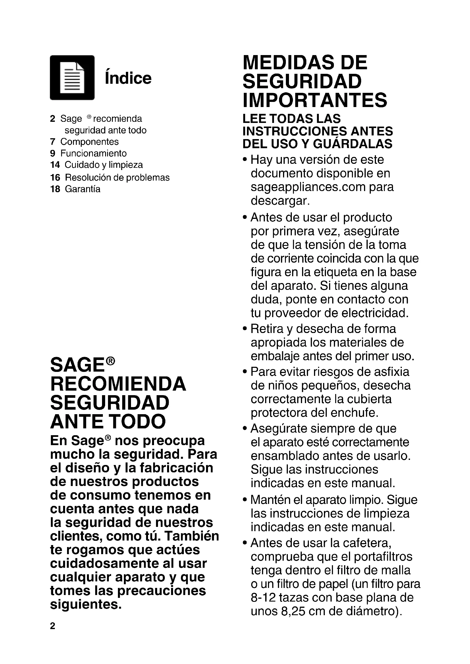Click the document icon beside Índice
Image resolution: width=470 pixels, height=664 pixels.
[72, 77]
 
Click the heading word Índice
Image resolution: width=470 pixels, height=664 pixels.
[128, 78]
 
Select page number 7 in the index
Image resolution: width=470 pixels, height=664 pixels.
[52, 142]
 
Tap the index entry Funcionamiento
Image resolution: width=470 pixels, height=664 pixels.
[93, 153]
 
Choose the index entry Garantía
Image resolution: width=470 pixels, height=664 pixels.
[82, 189]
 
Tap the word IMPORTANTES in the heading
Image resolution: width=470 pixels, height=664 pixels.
[315, 100]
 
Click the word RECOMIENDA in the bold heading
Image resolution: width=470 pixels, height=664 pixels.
[118, 384]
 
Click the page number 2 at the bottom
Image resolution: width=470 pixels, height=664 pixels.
[52, 626]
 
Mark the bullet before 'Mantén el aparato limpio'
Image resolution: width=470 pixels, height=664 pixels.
[245, 500]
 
